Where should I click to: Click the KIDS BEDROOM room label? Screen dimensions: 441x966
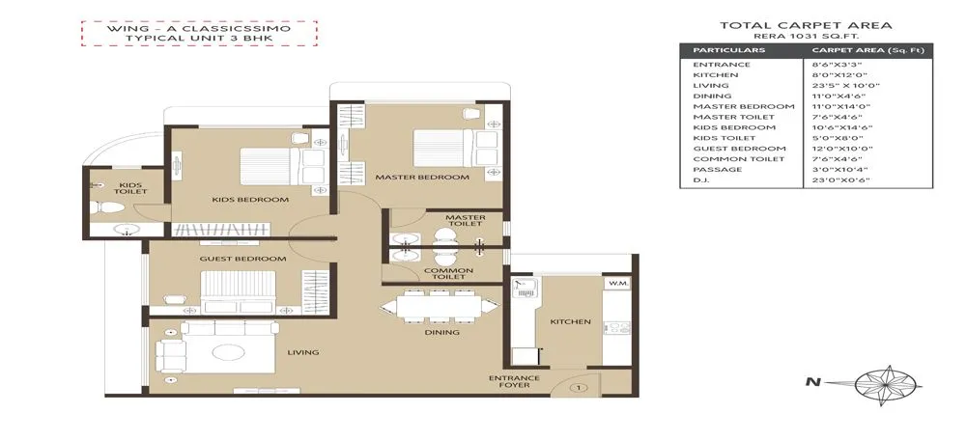pyautogui.click(x=250, y=200)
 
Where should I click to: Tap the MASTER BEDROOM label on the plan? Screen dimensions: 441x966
pyautogui.click(x=422, y=178)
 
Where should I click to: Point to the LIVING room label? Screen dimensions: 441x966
pyautogui.click(x=302, y=352)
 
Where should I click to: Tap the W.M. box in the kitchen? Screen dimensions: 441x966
pyautogui.click(x=617, y=284)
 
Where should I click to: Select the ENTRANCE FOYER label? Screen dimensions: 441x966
pyautogui.click(x=507, y=381)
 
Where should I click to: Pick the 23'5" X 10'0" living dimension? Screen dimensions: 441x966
pyautogui.click(x=838, y=85)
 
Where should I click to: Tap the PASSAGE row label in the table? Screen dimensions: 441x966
pyautogui.click(x=717, y=170)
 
